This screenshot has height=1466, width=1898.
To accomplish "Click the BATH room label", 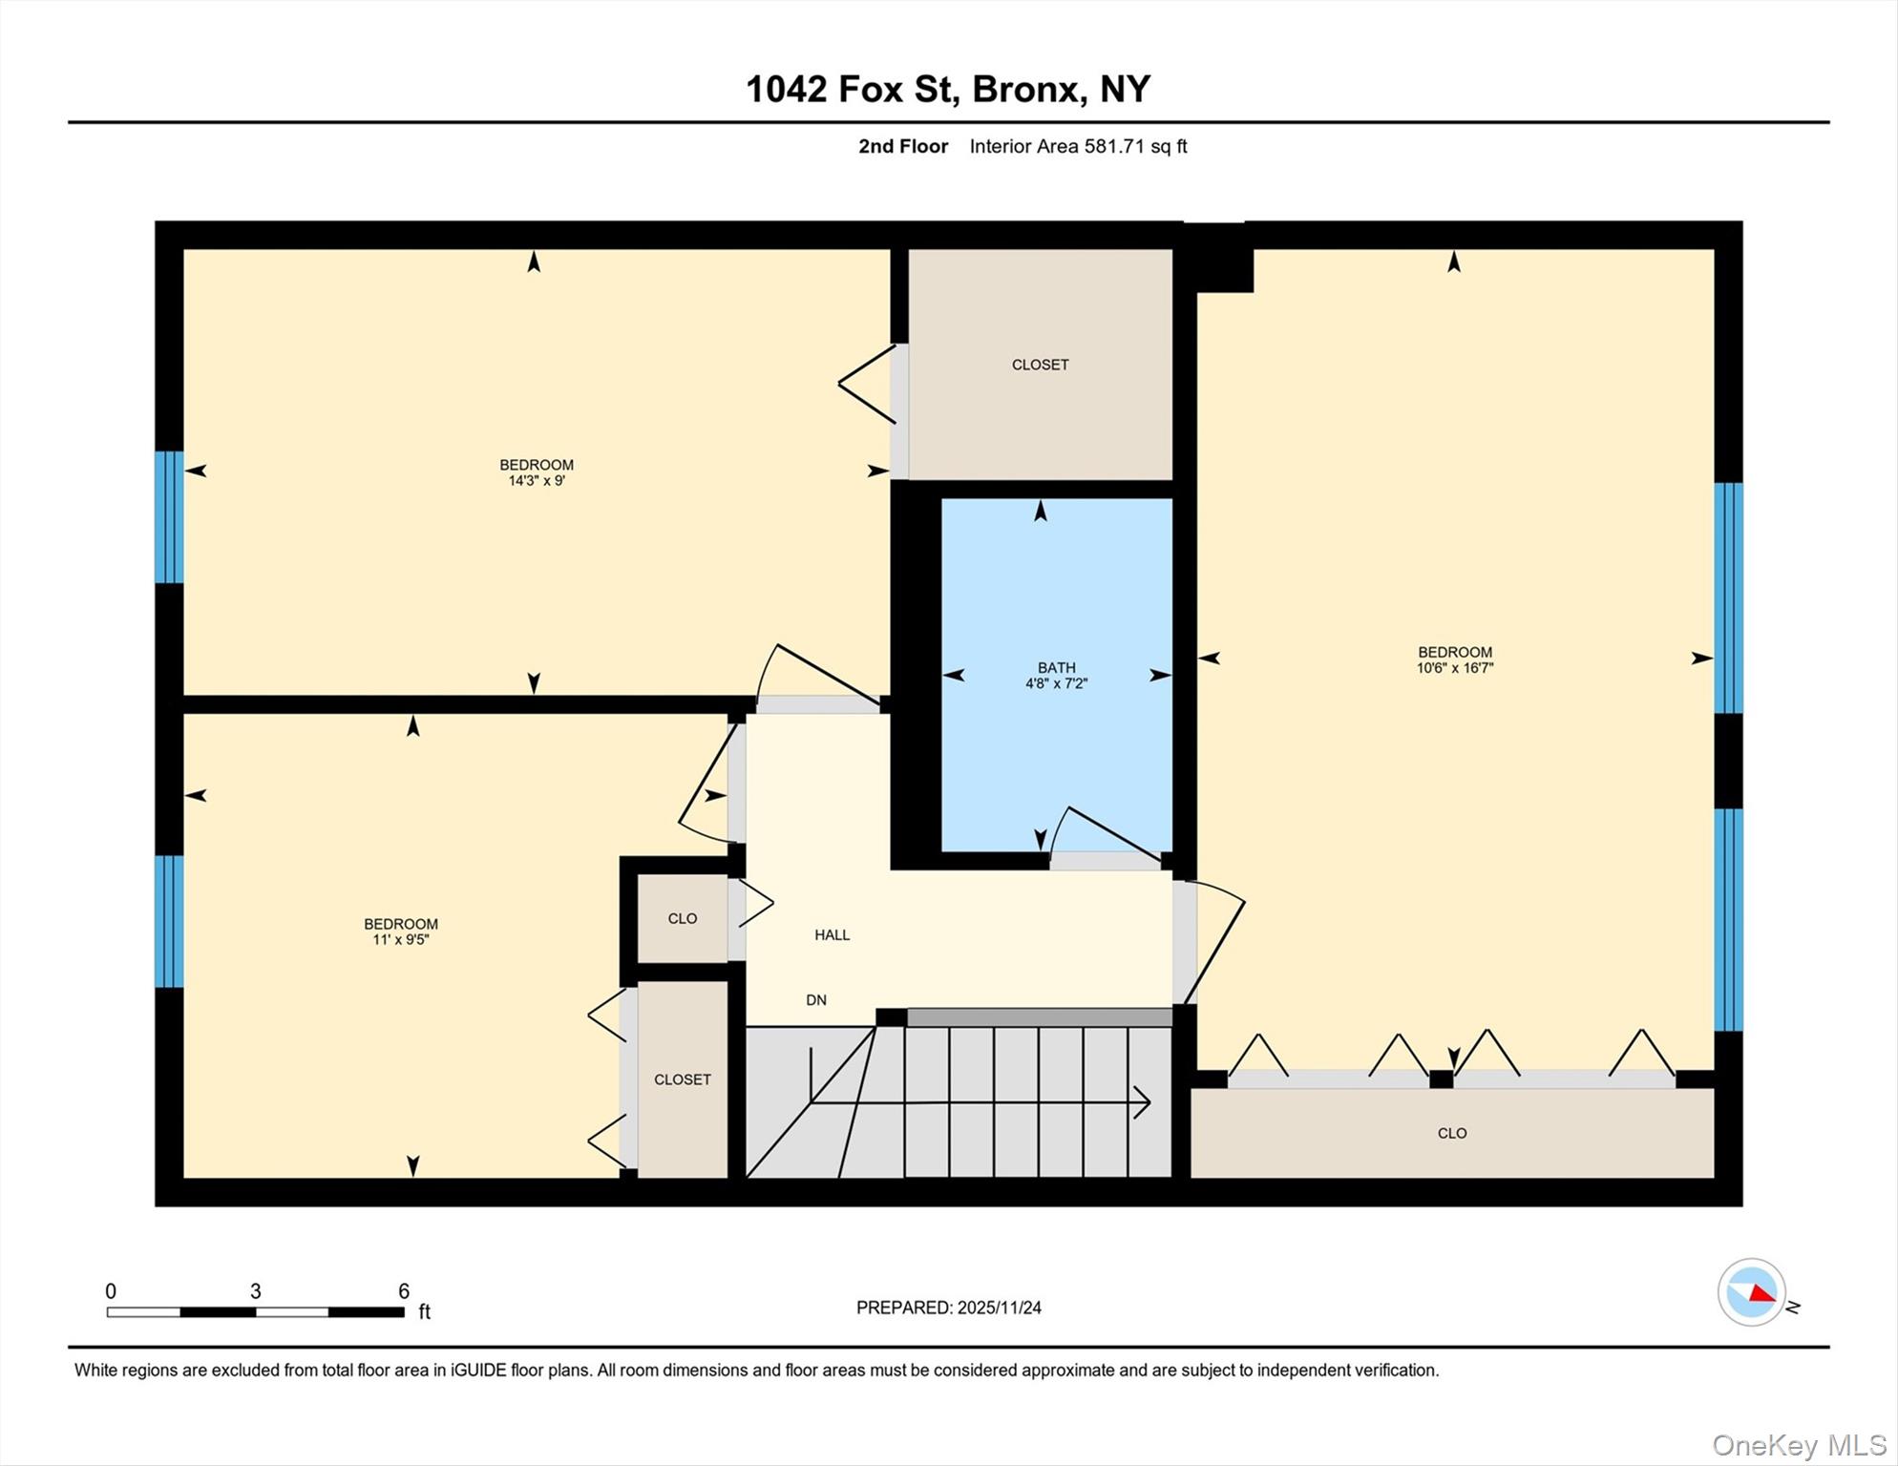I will click(x=1056, y=668).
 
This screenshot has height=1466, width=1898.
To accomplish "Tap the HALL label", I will click(x=832, y=935).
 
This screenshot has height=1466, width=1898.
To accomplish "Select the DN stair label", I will click(x=815, y=1000).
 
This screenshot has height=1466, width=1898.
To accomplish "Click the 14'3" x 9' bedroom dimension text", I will click(x=537, y=481).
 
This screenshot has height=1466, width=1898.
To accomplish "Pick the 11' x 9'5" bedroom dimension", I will click(x=401, y=940).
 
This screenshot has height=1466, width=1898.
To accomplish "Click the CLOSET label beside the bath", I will click(x=1040, y=365).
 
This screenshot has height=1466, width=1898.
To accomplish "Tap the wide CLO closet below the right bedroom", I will click(x=1451, y=1134).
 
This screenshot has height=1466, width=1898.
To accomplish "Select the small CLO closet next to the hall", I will click(x=682, y=919).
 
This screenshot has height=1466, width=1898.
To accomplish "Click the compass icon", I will click(x=1751, y=1292).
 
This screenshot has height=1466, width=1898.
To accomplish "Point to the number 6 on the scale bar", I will click(x=404, y=1291).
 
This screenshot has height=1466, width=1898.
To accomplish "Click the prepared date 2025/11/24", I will click(x=999, y=1308).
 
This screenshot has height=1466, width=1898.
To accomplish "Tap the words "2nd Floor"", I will click(x=902, y=147).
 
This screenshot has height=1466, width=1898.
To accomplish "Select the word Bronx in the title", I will click(x=1028, y=89).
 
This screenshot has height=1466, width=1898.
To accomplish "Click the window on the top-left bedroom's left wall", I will click(x=169, y=517).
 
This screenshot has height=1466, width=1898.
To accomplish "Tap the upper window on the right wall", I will click(x=1728, y=598).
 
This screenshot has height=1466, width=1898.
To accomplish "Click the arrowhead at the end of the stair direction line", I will click(x=1144, y=1102).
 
